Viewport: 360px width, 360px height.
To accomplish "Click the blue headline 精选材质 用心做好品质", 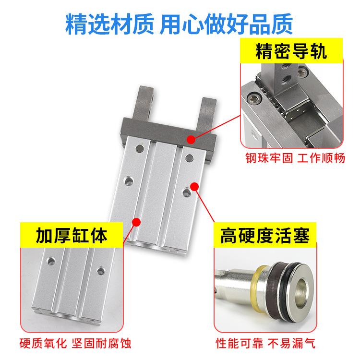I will [179, 23].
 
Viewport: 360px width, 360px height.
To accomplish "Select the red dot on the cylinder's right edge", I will [195, 185].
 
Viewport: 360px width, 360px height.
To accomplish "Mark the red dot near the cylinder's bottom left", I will [136, 222].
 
